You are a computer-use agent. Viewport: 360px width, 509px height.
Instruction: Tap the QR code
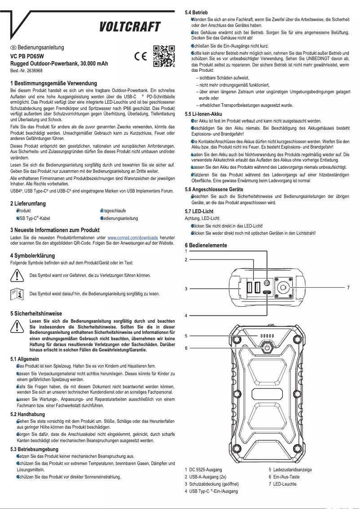(x=164, y=56)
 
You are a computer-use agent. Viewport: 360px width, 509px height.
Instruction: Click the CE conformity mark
(x=141, y=57)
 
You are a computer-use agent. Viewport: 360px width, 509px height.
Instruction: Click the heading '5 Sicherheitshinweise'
(x=36, y=313)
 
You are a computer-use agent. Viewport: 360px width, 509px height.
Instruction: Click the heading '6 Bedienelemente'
(x=206, y=246)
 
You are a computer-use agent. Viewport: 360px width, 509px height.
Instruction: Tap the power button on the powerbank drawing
(x=267, y=348)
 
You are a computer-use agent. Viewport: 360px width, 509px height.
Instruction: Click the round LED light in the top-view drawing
(x=283, y=287)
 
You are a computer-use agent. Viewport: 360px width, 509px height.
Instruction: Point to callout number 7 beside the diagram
(x=348, y=287)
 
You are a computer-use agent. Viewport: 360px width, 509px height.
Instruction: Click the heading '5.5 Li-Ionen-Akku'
(x=203, y=114)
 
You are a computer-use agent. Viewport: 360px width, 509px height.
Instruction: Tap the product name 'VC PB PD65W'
(x=27, y=57)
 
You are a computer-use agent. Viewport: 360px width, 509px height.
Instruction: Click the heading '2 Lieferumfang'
(x=28, y=203)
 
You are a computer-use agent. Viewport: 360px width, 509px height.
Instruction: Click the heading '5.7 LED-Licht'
(x=199, y=211)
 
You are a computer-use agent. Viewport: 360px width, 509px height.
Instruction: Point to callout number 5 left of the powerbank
(x=186, y=335)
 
